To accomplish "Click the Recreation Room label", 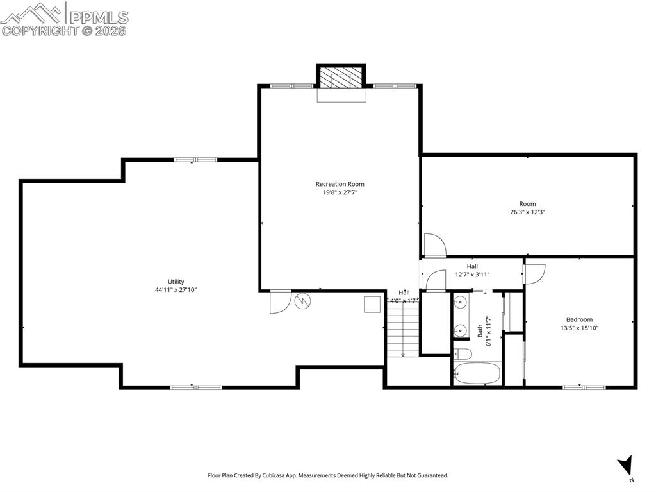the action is pyautogui.click(x=340, y=184).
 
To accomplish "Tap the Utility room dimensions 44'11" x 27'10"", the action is pyautogui.click(x=176, y=289).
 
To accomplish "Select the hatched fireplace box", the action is pyautogui.click(x=341, y=78).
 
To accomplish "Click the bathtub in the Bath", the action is pyautogui.click(x=477, y=373).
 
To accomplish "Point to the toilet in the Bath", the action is pyautogui.click(x=463, y=354).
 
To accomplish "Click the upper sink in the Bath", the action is pyautogui.click(x=460, y=301).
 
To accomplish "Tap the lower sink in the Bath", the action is pyautogui.click(x=460, y=330).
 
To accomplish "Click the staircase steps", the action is pyautogui.click(x=402, y=332).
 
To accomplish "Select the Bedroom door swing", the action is pyautogui.click(x=535, y=274).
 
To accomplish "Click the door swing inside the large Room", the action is pyautogui.click(x=435, y=245).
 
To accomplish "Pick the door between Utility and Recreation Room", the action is pyautogui.click(x=281, y=301).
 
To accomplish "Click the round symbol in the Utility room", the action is pyautogui.click(x=302, y=301).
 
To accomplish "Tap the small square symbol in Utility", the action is pyautogui.click(x=372, y=304).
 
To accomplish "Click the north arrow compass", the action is pyautogui.click(x=625, y=466).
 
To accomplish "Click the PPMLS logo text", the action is pyautogui.click(x=99, y=17).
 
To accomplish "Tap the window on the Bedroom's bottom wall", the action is pyautogui.click(x=584, y=387).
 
